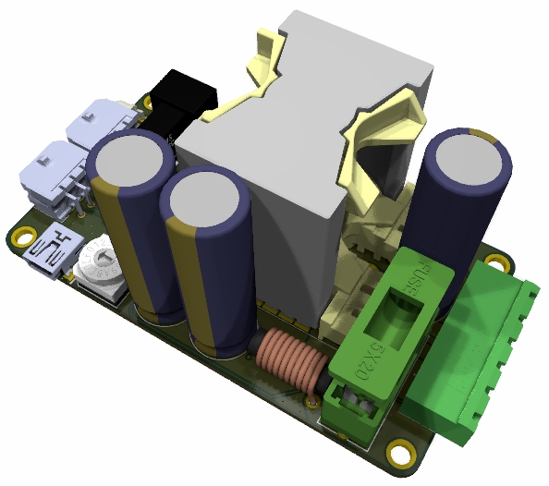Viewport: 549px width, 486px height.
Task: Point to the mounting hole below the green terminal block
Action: (x=402, y=455)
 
